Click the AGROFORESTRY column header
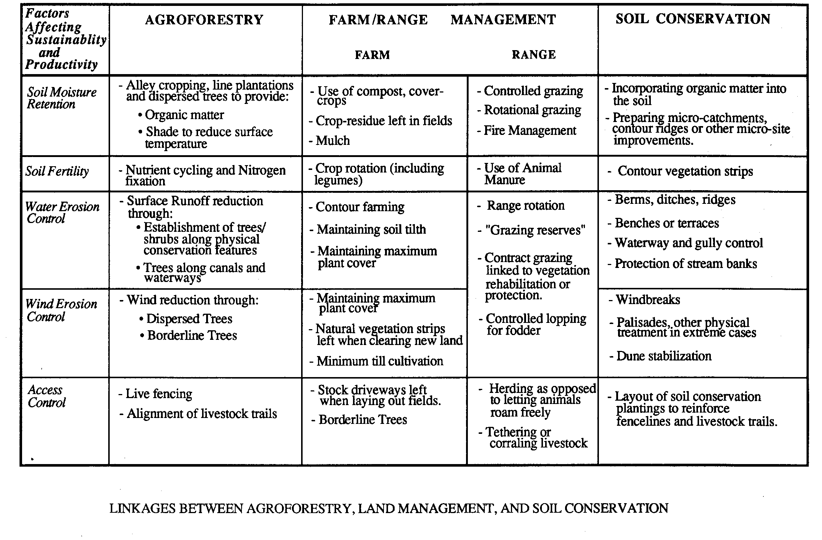204,20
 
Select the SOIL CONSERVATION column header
693,19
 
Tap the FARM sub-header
372,55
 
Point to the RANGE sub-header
533,55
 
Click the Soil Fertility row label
57,171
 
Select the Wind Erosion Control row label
61,310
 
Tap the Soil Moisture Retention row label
61,98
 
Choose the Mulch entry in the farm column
332,140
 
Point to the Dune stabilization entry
663,356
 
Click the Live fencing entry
158,394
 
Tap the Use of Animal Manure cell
522,174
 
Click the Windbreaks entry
648,300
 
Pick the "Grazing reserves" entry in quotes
535,230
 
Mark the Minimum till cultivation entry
380,361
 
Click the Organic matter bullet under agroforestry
184,115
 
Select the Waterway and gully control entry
688,243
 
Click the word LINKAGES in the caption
142,508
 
